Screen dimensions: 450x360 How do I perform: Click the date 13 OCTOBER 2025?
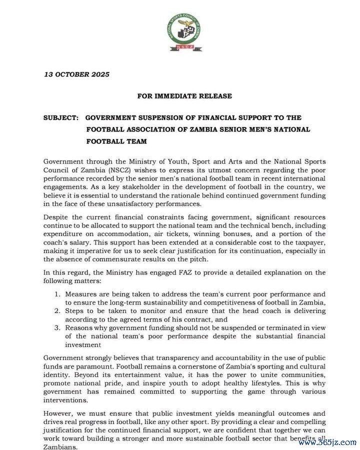pos(77,74)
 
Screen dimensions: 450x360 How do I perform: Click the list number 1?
pos(57,294)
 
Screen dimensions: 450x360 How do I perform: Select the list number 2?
pos(57,311)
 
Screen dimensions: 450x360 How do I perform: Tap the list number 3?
pos(57,327)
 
